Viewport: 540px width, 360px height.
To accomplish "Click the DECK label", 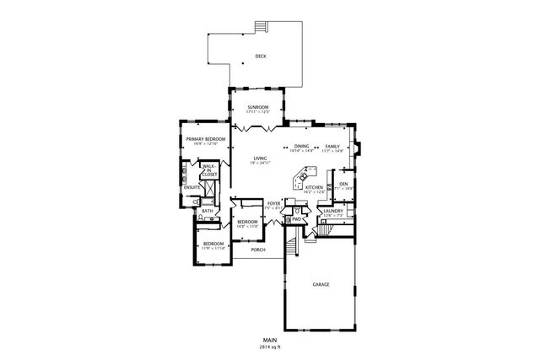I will (x=260, y=57).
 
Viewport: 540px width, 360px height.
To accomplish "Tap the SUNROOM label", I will (x=257, y=106).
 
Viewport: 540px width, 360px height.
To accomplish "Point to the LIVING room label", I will (x=261, y=158).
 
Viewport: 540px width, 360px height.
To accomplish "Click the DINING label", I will (x=302, y=147).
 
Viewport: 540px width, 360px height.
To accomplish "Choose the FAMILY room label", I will (x=332, y=147).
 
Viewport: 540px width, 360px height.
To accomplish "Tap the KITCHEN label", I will (x=314, y=187).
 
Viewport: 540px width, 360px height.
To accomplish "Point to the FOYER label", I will (x=273, y=204).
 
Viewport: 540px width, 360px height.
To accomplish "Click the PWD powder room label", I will (x=297, y=218).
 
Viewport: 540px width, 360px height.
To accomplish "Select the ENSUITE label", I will (x=192, y=186).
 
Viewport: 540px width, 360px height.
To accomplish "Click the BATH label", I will (x=207, y=211).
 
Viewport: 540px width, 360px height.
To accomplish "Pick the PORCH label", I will (x=258, y=250).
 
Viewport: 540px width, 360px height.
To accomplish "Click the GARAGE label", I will (x=321, y=284).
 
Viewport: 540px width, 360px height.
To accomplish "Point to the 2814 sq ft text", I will (x=271, y=347).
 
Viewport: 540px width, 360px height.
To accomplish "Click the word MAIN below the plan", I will (x=271, y=340).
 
